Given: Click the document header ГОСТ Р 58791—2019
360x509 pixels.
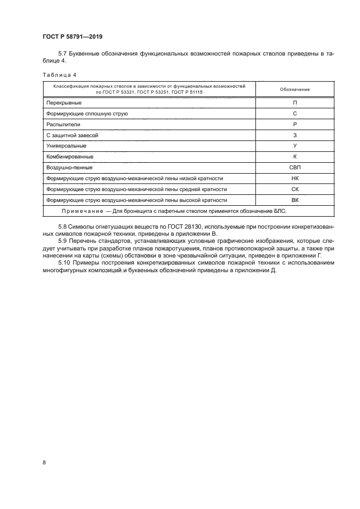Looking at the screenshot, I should pyautogui.click(x=72, y=37).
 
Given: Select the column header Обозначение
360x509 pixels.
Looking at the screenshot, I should pyautogui.click(x=295, y=89).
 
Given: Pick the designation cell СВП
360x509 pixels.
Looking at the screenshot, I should pyautogui.click(x=295, y=168).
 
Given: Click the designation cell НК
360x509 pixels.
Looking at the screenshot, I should pyautogui.click(x=295, y=179).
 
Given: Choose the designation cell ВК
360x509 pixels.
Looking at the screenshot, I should pyautogui.click(x=295, y=200).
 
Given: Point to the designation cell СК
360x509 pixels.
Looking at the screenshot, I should pyautogui.click(x=295, y=189).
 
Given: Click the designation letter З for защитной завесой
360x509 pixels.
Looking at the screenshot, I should pyautogui.click(x=295, y=136).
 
